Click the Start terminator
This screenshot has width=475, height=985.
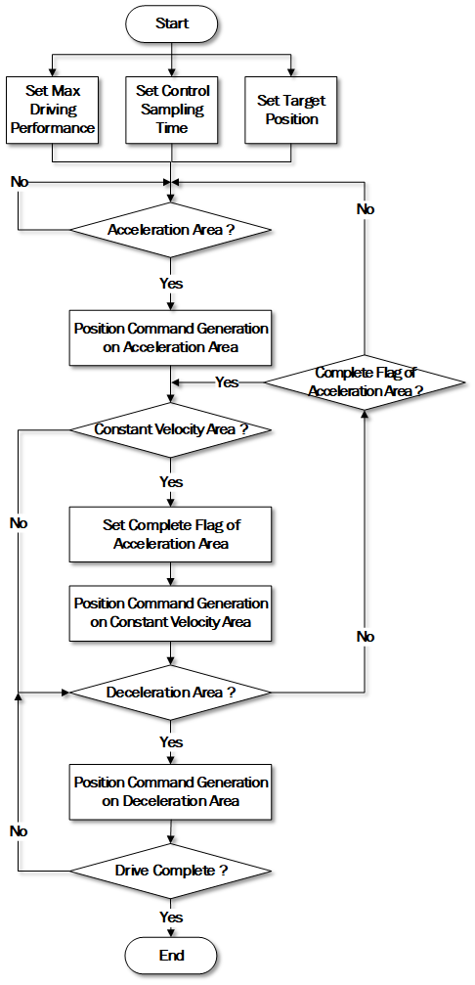coord(171,23)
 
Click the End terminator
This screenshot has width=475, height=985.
coord(171,956)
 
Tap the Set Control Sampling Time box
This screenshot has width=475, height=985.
coord(171,110)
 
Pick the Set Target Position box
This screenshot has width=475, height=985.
coord(291,110)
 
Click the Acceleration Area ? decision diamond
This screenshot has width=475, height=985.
coord(171,230)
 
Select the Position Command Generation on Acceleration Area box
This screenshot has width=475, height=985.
coord(171,337)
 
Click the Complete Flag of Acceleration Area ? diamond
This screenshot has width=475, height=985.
coord(365,381)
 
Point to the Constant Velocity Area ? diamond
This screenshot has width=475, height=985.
coord(171,429)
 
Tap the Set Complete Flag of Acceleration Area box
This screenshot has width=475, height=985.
coord(171,534)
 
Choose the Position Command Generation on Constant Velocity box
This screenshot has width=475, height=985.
coord(171,613)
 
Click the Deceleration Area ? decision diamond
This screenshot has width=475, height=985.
coord(171,693)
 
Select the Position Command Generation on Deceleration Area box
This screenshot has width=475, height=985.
coord(171,792)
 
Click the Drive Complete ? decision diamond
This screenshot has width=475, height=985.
coord(171,872)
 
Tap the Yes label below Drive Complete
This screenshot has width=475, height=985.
coord(171,918)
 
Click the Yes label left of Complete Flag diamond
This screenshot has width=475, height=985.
coord(227,381)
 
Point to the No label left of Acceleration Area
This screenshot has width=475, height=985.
coord(20,182)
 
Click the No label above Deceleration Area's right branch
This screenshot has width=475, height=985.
coord(366,637)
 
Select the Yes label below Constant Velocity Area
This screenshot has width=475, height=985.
coord(171,482)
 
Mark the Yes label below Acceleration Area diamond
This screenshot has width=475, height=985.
coord(171,284)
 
